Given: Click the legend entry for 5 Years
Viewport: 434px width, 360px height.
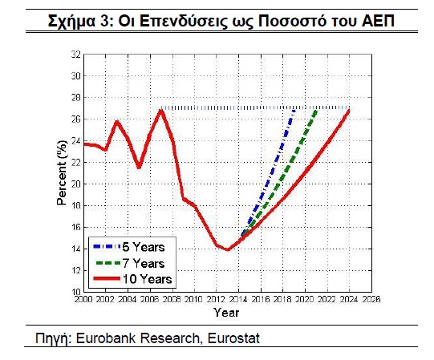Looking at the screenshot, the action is [x=129, y=247].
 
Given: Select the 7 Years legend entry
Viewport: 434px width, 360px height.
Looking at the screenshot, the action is [x=130, y=263].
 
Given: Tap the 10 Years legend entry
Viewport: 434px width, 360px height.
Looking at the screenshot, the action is [x=132, y=279].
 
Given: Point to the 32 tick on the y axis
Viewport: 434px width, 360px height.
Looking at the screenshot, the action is [x=76, y=55].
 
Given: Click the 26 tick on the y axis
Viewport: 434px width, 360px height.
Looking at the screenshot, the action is [x=76, y=119].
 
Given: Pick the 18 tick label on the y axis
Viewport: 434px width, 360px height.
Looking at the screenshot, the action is [x=76, y=205].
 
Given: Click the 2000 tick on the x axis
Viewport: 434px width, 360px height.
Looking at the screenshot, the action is [x=83, y=299].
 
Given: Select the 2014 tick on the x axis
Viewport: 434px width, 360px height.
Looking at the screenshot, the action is [x=239, y=299].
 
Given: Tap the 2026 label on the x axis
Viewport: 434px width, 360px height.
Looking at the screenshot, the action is [x=371, y=299].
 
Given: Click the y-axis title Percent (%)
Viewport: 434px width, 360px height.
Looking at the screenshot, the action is [x=62, y=173].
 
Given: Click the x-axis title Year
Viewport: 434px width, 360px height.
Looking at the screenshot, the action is [x=226, y=313].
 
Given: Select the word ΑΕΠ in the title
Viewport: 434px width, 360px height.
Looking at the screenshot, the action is [x=378, y=21].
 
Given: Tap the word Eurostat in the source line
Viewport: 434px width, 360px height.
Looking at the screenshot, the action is [x=233, y=338].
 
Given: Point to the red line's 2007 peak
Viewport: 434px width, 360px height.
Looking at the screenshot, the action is [x=161, y=111].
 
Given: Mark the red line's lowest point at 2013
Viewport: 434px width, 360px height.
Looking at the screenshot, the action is [x=228, y=249].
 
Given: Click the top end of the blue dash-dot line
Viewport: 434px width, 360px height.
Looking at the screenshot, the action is [x=294, y=111].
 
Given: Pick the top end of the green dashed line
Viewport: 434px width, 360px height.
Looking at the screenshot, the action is [x=316, y=111].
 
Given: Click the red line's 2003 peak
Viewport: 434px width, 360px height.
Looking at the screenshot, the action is [x=117, y=122].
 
